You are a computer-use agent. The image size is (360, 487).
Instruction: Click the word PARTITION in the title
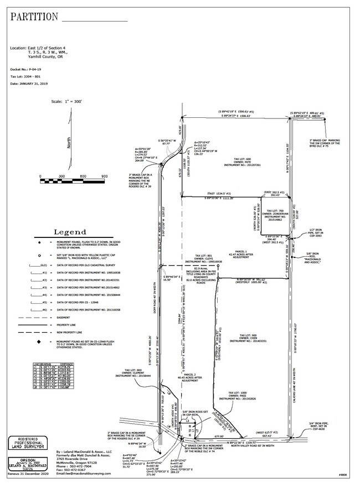point(34,17)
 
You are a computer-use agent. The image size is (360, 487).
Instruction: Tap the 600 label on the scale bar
point(83,177)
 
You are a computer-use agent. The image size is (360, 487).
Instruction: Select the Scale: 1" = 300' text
point(66,102)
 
